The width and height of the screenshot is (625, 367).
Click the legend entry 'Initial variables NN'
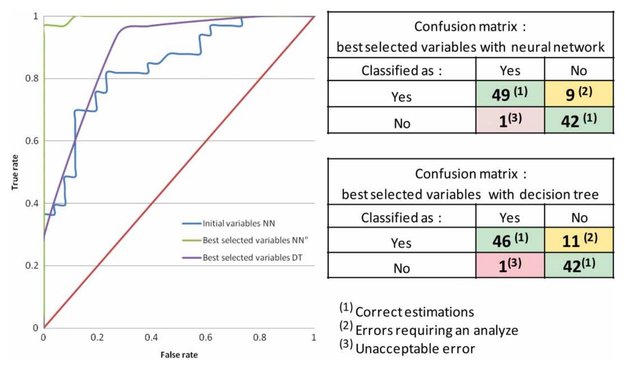pos(238,224)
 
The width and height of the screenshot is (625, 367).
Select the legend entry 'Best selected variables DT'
pos(252,258)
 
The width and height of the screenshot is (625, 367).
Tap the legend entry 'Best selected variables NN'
pos(255,240)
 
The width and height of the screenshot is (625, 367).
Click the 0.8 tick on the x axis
pos(260,338)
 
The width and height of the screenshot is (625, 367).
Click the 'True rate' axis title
pos(15,172)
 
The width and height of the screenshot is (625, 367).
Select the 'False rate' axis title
pos(179,355)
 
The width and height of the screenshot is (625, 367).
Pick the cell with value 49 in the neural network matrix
pos(510,94)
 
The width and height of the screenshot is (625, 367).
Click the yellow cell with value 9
pos(578,94)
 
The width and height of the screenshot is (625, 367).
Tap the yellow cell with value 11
pos(578,240)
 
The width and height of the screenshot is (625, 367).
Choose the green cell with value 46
pos(510,240)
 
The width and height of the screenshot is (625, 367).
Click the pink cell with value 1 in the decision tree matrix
pos(510,266)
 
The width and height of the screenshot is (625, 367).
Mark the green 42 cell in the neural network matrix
pos(578,120)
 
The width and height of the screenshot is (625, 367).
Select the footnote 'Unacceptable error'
pos(415,349)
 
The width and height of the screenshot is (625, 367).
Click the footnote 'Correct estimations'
pos(414,312)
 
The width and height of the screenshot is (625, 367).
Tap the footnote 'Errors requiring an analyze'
pos(437,330)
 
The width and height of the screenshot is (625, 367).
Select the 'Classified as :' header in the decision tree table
pos(401,218)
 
